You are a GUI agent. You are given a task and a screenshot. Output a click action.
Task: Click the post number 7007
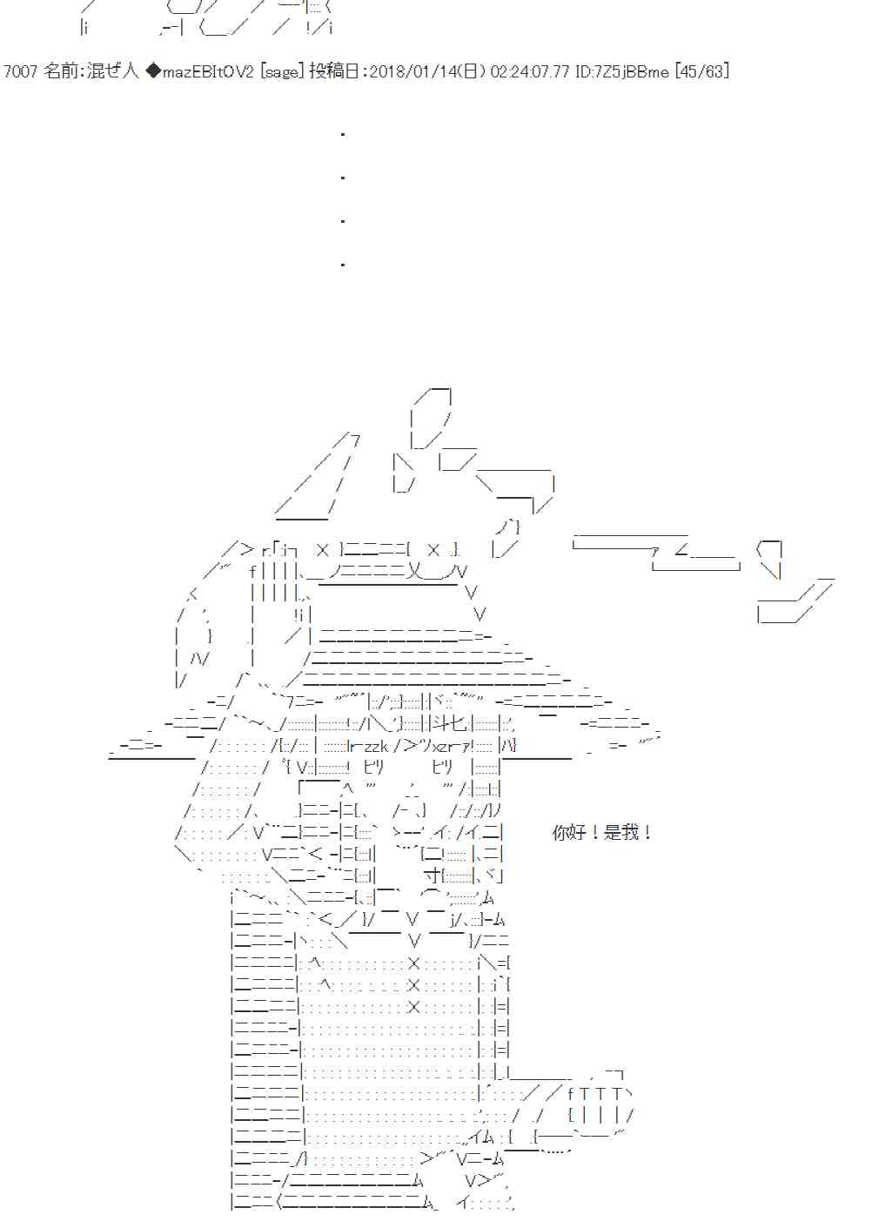[x=20, y=71]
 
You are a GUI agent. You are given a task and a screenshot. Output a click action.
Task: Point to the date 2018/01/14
[x=413, y=71]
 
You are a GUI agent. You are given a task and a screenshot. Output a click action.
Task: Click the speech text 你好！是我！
[x=602, y=833]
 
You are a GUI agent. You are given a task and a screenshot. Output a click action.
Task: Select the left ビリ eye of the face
[x=373, y=767]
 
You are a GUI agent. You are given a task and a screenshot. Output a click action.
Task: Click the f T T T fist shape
[x=600, y=1094]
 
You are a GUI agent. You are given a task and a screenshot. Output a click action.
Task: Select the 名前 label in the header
[x=60, y=71]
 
